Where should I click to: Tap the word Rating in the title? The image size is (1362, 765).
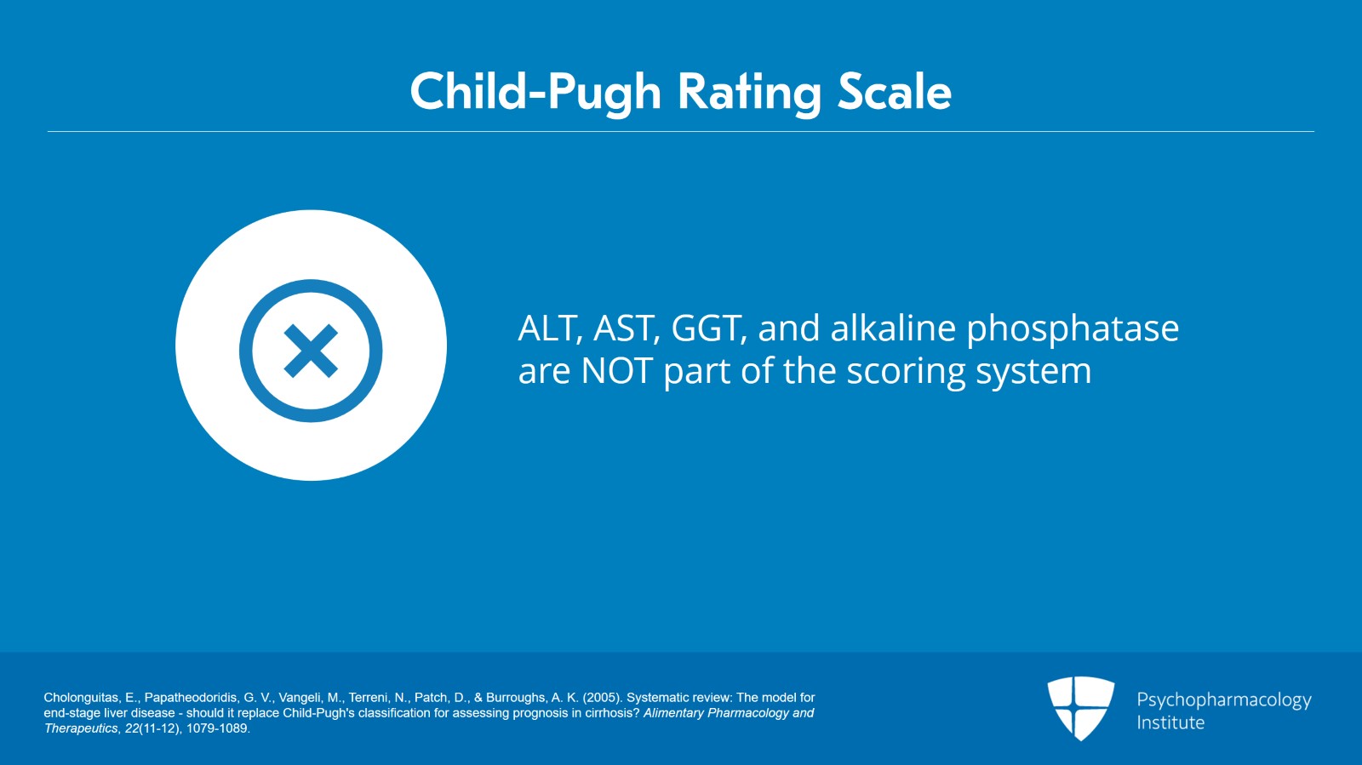point(748,92)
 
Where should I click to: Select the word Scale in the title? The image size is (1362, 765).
point(894,92)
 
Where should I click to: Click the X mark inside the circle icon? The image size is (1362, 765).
point(311,351)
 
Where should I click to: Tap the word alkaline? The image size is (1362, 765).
point(893,328)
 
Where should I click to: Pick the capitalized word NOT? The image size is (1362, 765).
point(616,371)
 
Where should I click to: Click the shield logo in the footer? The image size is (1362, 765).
point(1080,707)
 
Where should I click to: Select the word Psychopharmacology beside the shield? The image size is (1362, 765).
point(1223,700)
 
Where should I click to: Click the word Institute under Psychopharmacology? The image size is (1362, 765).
point(1170,722)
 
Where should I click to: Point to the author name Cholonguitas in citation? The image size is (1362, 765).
point(81,698)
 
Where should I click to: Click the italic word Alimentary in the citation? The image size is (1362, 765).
point(673,713)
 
